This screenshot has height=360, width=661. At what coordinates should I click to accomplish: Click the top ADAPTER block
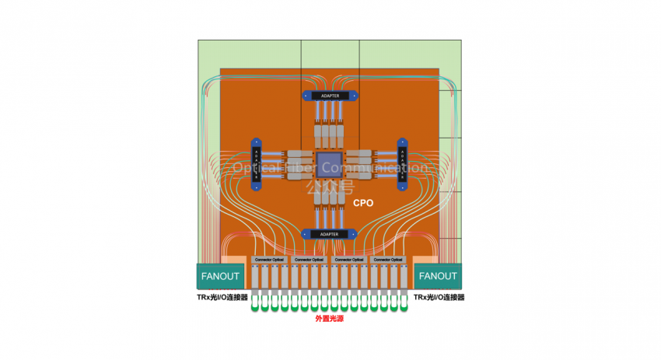[x=330, y=96]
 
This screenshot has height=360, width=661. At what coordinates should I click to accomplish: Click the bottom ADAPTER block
[x=330, y=233]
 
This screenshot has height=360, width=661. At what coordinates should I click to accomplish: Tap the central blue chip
[x=329, y=165]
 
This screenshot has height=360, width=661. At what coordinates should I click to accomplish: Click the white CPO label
[x=363, y=203]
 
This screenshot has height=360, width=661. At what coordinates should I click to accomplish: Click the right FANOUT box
[x=439, y=276]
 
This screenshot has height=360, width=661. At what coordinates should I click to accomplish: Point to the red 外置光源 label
[x=330, y=319]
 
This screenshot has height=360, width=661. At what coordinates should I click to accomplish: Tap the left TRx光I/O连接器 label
[x=222, y=298]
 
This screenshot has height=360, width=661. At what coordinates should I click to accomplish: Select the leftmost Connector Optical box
[x=269, y=259]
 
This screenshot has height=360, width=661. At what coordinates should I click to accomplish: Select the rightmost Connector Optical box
[x=388, y=259]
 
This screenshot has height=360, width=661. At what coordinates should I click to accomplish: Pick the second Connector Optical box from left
[x=309, y=259]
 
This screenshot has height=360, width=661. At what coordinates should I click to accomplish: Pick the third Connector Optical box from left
[x=348, y=259]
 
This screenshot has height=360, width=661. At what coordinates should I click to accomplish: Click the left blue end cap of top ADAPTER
[x=306, y=96]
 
